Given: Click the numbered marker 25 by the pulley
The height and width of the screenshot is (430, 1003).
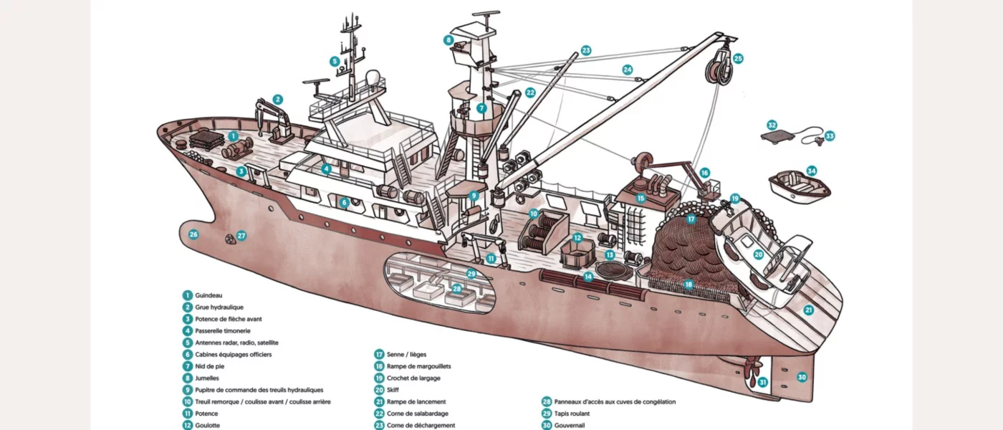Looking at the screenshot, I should click(x=738, y=59).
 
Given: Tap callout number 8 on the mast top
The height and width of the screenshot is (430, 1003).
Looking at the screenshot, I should click(x=449, y=40).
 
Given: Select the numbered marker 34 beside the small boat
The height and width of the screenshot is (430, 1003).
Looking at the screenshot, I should click(x=811, y=171).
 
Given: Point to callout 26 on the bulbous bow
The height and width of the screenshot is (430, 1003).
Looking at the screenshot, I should click(x=193, y=234).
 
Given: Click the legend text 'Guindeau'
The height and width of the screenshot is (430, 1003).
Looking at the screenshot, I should click(x=208, y=295).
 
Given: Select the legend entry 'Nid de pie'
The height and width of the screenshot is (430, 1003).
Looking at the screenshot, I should click(x=210, y=366).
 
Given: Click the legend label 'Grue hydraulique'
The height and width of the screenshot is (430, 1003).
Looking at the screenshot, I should click(x=219, y=307).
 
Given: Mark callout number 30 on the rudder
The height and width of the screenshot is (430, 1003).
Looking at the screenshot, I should click(x=802, y=377).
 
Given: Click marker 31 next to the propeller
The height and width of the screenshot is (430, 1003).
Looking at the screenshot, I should click(x=763, y=382).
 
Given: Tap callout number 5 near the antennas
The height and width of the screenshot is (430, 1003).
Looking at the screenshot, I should click(x=335, y=62).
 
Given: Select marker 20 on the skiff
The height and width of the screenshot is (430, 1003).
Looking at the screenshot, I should click(x=759, y=254).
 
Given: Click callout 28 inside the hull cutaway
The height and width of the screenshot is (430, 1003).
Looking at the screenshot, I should click(x=456, y=289).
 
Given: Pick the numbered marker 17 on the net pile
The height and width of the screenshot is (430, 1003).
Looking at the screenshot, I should click(x=691, y=219).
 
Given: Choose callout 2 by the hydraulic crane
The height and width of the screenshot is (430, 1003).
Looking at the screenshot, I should click(x=278, y=100).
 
